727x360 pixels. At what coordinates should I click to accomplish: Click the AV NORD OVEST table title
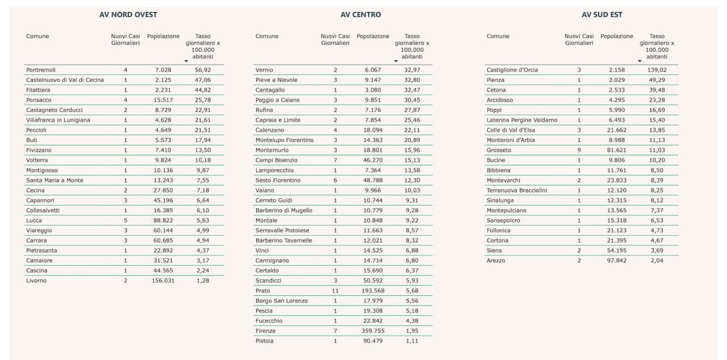coord(128,15)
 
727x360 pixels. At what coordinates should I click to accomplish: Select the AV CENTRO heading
coord(360,15)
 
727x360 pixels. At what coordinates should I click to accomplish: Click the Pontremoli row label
coord(41,70)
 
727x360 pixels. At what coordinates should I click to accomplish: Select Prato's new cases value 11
coord(335,291)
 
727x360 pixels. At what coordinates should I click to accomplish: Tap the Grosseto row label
coord(499,150)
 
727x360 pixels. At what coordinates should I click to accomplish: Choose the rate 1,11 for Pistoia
coord(412,341)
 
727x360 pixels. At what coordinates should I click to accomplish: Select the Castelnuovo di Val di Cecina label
coord(65,80)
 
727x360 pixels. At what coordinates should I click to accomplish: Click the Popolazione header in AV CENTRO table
coord(373,36)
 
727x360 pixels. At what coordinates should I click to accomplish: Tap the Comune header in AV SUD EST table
coord(497,36)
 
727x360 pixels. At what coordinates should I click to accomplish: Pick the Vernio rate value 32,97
coord(412,70)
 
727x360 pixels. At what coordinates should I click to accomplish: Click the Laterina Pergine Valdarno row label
coord(522,120)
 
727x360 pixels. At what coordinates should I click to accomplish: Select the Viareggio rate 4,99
coord(203,230)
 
